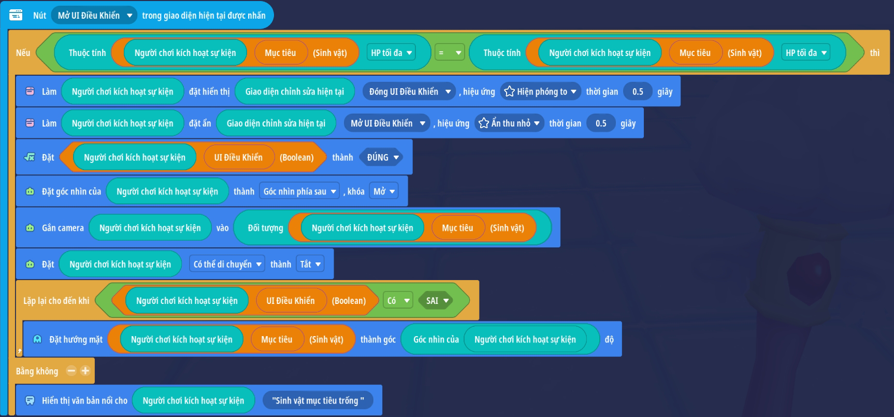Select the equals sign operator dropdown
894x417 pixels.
tap(449, 53)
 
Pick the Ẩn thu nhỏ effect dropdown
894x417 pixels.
tap(510, 123)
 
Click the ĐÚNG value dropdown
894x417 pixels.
tap(383, 158)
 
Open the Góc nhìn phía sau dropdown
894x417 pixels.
tap(299, 192)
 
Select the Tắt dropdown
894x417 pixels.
tap(310, 265)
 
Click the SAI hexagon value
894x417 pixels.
tap(437, 301)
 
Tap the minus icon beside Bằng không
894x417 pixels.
tap(71, 371)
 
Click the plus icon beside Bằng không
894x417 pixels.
tap(85, 371)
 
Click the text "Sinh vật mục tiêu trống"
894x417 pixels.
tap(318, 401)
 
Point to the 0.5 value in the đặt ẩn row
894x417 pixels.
tap(601, 123)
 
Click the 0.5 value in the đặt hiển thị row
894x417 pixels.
tap(638, 92)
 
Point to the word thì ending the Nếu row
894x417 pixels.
tap(874, 53)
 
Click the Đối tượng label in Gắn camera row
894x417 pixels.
tap(265, 228)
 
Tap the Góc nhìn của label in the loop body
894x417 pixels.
tap(436, 340)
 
